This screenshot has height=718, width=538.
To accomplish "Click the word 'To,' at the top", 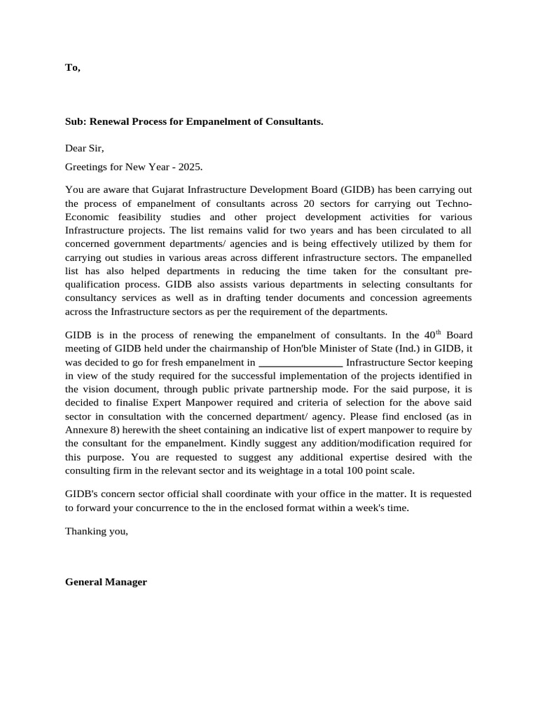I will click(x=73, y=67).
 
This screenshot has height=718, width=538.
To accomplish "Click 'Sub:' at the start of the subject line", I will click(x=76, y=121).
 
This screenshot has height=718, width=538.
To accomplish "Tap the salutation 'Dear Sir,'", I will click(x=84, y=148).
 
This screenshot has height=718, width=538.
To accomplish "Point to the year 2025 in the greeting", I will click(x=190, y=167).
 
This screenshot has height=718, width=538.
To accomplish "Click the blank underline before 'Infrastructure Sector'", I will click(x=301, y=363).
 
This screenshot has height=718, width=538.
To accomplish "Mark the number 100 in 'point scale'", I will click(x=361, y=470).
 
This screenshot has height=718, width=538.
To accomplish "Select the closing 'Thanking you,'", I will click(x=97, y=531).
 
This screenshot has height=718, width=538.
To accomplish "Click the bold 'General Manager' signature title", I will click(x=106, y=582).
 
